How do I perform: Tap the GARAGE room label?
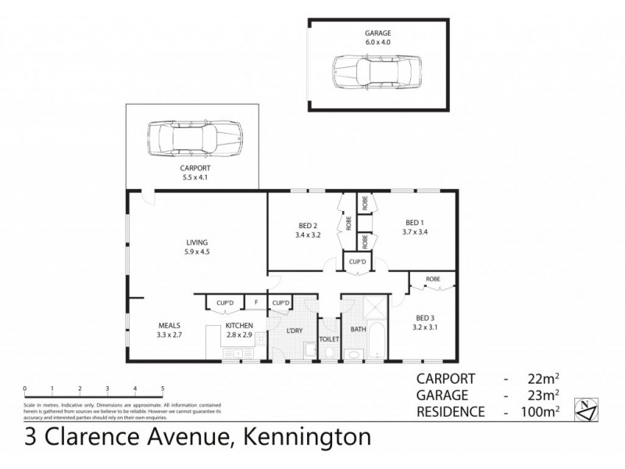click(x=377, y=34)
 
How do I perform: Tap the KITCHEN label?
click(x=238, y=325)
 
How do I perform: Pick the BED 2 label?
click(x=307, y=224)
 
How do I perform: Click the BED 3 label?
click(x=425, y=319)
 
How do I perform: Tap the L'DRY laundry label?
click(x=294, y=331)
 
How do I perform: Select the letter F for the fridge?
click(x=255, y=303)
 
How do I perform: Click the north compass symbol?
click(x=587, y=406)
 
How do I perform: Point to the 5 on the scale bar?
click(x=162, y=388)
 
